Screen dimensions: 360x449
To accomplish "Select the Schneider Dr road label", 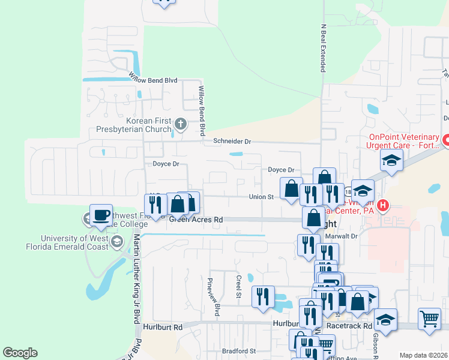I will click(x=232, y=142).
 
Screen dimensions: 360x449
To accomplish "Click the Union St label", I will click(x=261, y=196).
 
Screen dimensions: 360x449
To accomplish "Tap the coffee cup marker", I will click(x=101, y=214).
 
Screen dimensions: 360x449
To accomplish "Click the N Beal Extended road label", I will click(x=322, y=48).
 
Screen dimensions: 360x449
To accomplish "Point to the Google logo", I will click(x=20, y=353).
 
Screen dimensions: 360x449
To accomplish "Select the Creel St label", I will click(x=238, y=286).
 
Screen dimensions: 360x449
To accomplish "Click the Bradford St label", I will click(x=238, y=351).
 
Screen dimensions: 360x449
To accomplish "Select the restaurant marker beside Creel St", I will click(x=263, y=296).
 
